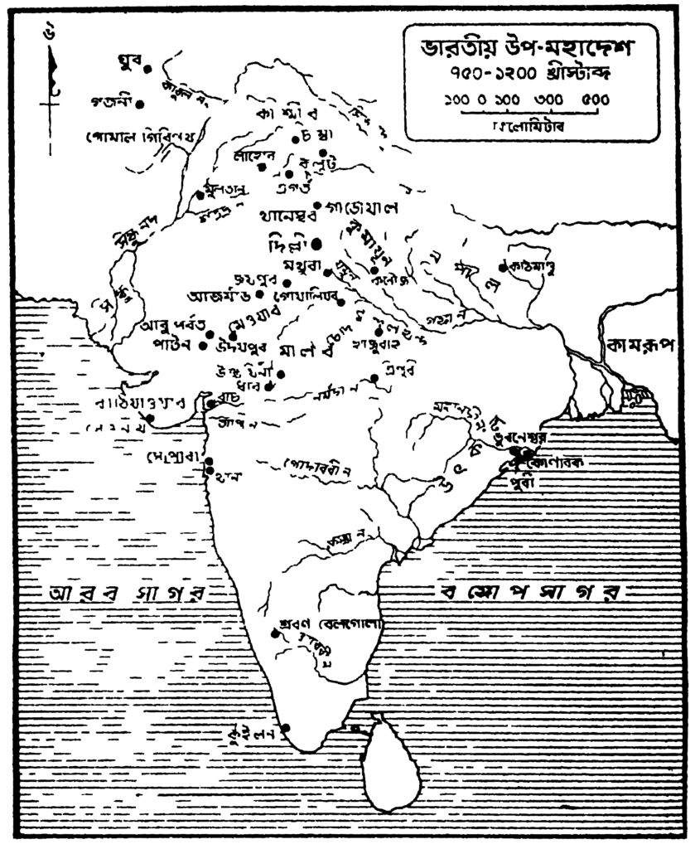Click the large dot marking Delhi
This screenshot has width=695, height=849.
coord(316,244)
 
